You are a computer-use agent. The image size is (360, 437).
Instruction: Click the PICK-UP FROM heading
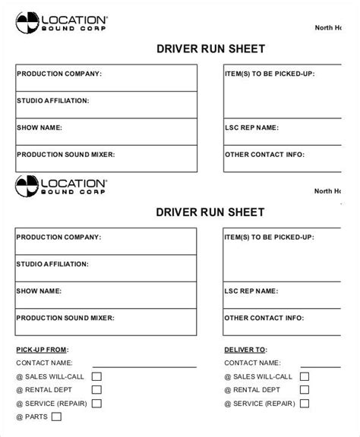pos(42,350)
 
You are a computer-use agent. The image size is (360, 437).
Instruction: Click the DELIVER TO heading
pos(245,350)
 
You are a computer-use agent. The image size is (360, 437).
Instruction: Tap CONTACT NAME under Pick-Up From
pos(43,363)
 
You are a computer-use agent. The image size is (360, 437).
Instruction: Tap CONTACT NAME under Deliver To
pos(252,363)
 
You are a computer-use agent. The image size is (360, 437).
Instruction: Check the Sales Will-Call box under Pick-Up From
pos(96,376)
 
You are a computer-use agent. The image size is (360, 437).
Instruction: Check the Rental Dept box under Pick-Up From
pos(96,390)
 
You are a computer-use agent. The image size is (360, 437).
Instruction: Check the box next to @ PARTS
pos(55,417)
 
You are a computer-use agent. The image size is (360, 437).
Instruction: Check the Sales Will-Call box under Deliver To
pos(305,376)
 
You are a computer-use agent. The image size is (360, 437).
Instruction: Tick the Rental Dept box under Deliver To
pos(305,390)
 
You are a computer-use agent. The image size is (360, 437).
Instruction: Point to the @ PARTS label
pos(30,417)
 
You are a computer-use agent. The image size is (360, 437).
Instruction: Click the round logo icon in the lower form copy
pos(25,185)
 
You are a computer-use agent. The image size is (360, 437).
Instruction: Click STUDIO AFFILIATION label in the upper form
pos(52,100)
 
